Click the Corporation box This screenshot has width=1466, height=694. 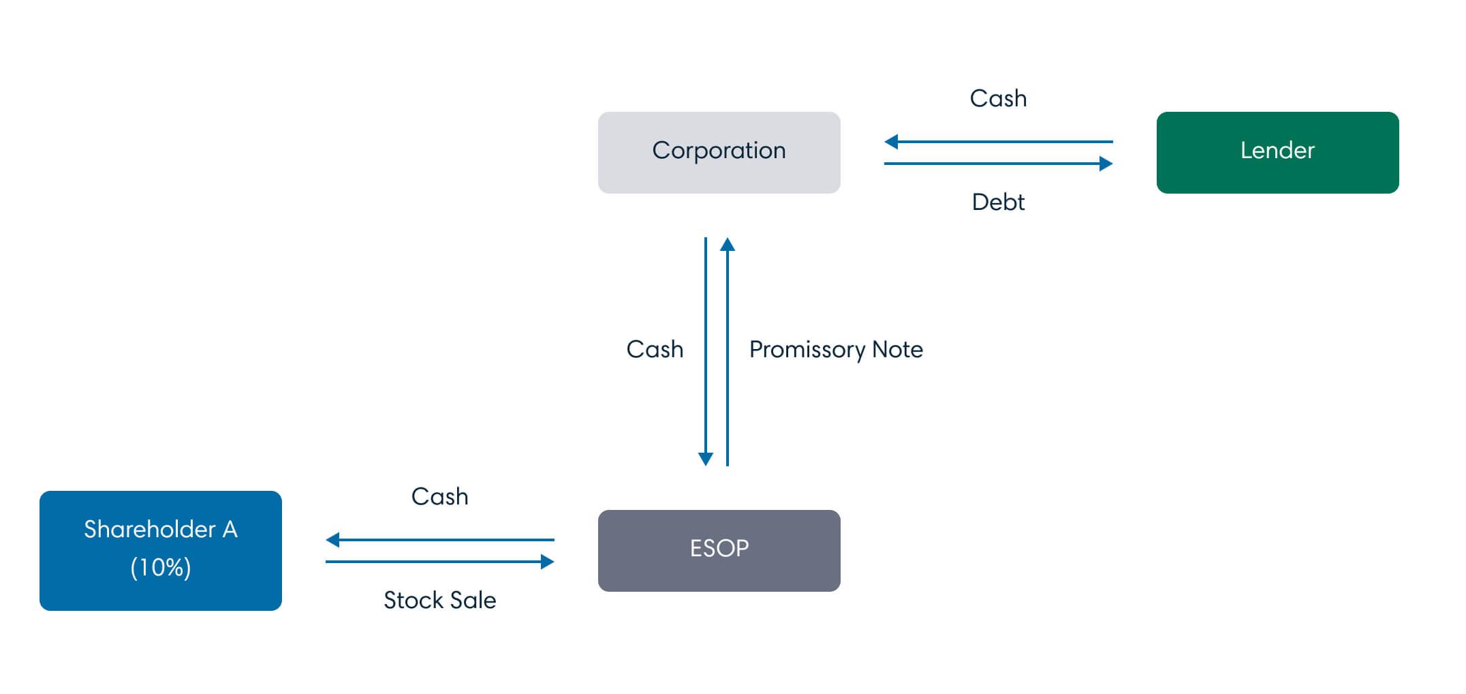[719, 152]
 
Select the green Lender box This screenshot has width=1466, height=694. [1277, 152]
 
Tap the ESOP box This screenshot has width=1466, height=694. [719, 550]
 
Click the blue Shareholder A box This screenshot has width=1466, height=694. [160, 550]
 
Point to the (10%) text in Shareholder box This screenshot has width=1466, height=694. [161, 567]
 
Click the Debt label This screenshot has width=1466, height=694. [998, 202]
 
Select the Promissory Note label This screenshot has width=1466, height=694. [836, 349]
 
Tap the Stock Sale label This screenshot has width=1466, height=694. [439, 600]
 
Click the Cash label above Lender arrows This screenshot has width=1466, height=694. [998, 98]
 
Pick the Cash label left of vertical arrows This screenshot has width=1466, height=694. [655, 349]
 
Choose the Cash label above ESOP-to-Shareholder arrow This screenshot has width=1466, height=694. [439, 496]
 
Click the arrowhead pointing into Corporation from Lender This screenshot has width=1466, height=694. [891, 142]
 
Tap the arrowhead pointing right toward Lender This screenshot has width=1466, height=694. [1106, 164]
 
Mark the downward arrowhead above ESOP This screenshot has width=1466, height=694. [706, 458]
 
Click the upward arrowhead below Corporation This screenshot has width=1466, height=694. [728, 245]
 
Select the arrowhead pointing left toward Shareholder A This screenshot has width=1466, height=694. [333, 540]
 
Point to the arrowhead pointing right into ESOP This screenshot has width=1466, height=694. [547, 562]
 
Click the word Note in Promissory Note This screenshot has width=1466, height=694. [897, 349]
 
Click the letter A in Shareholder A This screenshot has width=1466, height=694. [230, 529]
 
